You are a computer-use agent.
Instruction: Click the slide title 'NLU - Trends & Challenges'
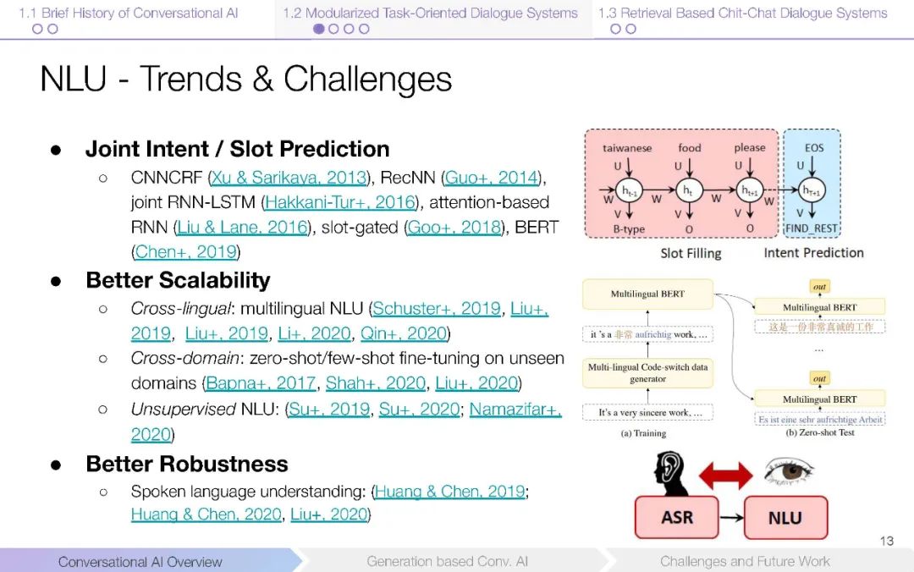click(x=245, y=80)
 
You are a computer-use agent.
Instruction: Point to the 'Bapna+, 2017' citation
click(x=261, y=383)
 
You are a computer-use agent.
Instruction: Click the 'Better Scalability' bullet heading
click(x=178, y=281)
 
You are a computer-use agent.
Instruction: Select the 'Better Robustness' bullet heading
click(x=187, y=464)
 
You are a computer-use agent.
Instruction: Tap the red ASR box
click(x=675, y=518)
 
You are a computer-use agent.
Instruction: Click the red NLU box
click(x=784, y=518)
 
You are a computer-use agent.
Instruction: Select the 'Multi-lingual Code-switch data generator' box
click(x=647, y=373)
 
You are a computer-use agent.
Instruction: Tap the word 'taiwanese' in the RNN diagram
click(x=627, y=148)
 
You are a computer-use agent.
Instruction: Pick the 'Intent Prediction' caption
click(x=813, y=253)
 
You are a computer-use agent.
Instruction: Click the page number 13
click(x=886, y=541)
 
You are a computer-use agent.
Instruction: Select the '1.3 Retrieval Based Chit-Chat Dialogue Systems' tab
click(x=742, y=13)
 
